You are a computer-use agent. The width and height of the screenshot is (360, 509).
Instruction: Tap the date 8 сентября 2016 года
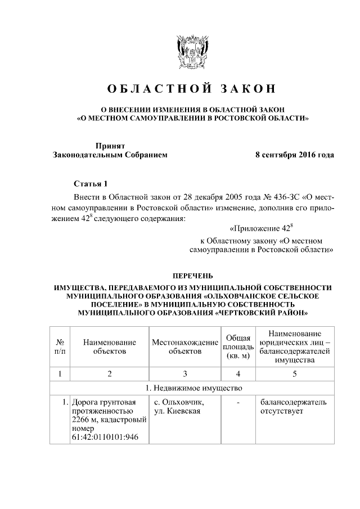click(294, 155)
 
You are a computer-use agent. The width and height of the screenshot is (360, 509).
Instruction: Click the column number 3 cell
click(185, 373)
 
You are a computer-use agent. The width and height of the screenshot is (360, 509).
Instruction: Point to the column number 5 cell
click(294, 373)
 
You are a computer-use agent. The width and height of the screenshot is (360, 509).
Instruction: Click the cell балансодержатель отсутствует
click(293, 407)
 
